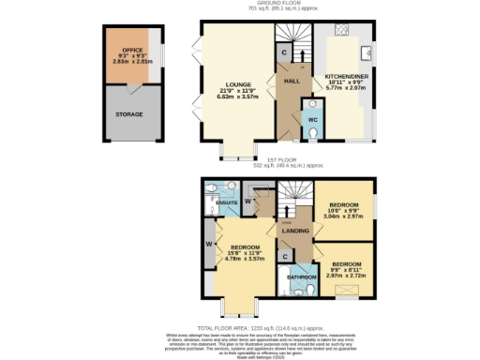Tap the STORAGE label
point(129,114)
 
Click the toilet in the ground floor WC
point(312,132)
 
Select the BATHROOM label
point(301,277)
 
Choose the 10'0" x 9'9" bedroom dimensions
point(343,215)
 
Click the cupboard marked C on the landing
point(284,256)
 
